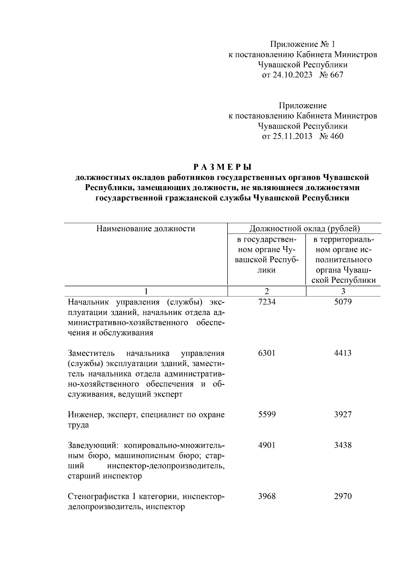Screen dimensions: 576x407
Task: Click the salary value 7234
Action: coord(267,301)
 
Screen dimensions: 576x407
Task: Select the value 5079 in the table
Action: coord(343,301)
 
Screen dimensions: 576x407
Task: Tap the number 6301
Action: coord(267,353)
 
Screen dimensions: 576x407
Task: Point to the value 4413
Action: coord(343,353)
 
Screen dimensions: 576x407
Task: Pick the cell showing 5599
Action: coord(267,414)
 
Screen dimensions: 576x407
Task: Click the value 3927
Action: coord(343,414)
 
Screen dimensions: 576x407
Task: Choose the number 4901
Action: coord(267,445)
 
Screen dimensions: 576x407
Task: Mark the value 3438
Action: coord(343,445)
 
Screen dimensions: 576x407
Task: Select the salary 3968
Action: coord(267,496)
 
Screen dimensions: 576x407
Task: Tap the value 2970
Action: coord(343,496)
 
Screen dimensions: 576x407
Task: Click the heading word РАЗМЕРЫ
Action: coord(222,167)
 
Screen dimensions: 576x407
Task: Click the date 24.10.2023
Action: coord(287,75)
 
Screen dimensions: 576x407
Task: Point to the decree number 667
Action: coord(336,75)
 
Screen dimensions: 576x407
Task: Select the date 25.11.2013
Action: coord(287,136)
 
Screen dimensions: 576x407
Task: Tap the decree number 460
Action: coord(336,136)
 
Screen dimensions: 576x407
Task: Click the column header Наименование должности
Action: coord(146,228)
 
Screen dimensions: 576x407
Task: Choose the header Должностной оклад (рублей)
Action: coord(305,228)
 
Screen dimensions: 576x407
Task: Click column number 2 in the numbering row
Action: coord(267,291)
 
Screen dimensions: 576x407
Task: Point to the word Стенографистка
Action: coord(98,497)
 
